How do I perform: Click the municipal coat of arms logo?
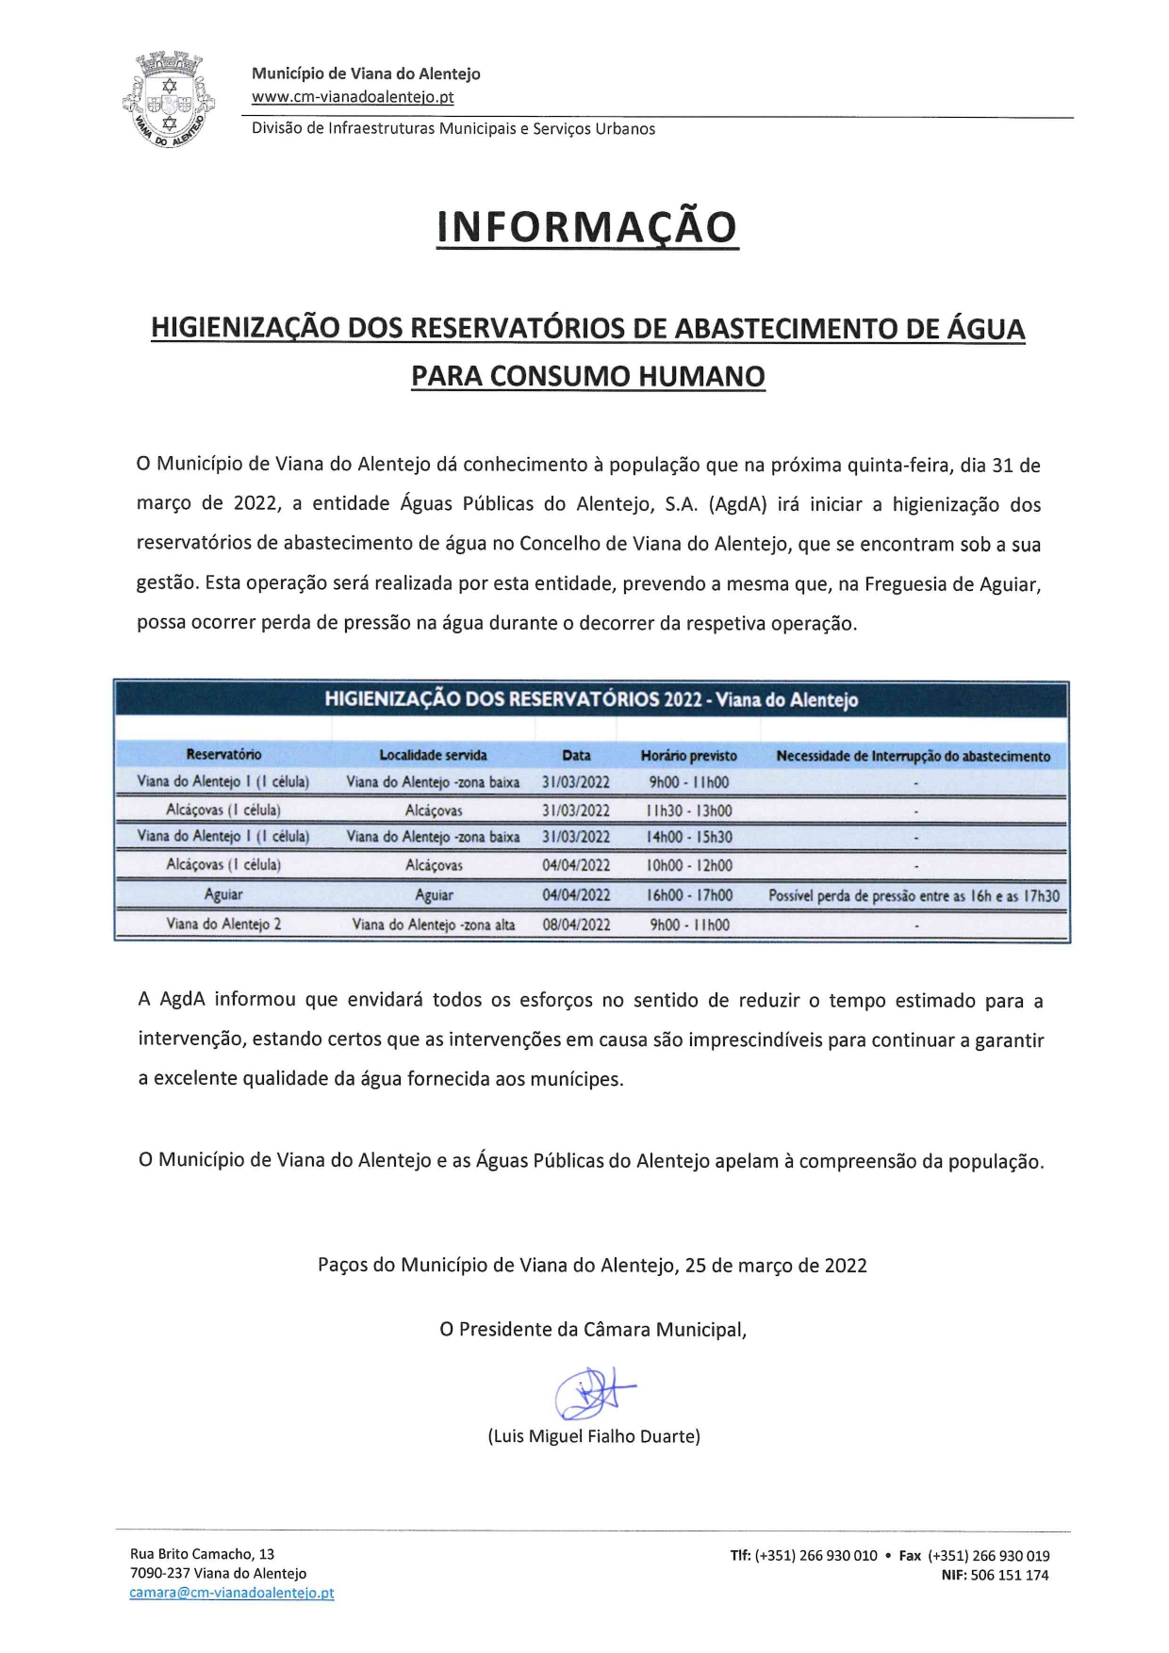coord(169,97)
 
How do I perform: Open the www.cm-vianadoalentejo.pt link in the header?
coord(353,96)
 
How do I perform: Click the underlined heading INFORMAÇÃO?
coord(586,227)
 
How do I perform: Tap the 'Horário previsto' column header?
coord(688,755)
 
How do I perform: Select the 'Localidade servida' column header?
coord(433,755)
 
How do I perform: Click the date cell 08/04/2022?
coord(576,925)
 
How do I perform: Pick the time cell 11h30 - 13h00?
coord(689,810)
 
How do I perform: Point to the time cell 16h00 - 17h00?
coord(689,895)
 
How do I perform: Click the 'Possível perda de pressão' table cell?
coord(914,895)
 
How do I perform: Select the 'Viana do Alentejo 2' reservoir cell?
coord(223,925)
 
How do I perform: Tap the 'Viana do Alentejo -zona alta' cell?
coord(434,925)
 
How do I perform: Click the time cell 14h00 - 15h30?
coord(689,837)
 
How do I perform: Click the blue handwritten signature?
coord(593,1393)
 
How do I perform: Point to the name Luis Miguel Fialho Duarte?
coord(594,1436)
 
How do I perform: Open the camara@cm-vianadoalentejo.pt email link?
coord(232,1593)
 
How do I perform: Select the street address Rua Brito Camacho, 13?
coord(203,1554)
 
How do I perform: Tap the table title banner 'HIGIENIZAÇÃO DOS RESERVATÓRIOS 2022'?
coord(591,699)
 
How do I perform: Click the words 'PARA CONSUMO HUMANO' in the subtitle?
coord(588,376)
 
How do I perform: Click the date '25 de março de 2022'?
coord(776,1265)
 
